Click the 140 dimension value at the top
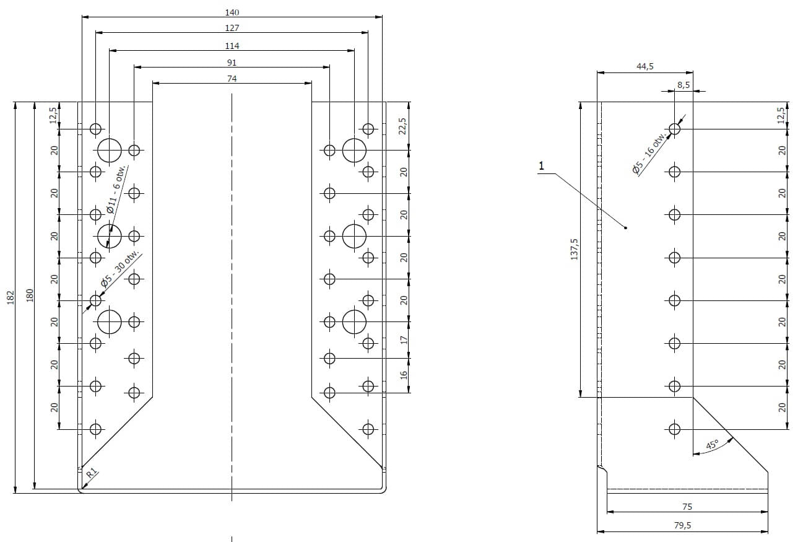(232, 12)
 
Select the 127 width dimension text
(232, 28)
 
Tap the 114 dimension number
(232, 46)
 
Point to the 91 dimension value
(232, 63)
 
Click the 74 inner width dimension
(232, 79)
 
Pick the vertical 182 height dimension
(11, 297)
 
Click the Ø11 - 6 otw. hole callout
(117, 189)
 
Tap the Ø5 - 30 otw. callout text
(121, 271)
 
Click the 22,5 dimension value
(402, 126)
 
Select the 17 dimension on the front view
(404, 340)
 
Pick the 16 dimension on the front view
(404, 375)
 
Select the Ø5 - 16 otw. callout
(651, 154)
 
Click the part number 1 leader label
(541, 166)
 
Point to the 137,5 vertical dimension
(574, 249)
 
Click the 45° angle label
(712, 444)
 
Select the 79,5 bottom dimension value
(682, 525)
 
